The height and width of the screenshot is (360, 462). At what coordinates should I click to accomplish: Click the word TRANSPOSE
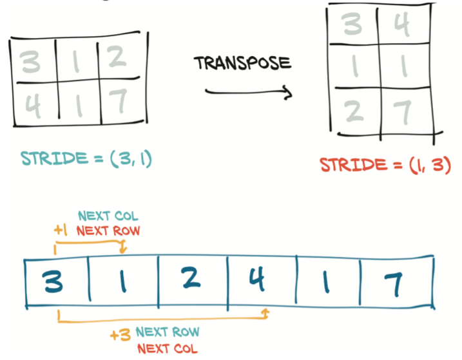(242, 63)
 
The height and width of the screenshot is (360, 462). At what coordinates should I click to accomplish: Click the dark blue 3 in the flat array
(55, 282)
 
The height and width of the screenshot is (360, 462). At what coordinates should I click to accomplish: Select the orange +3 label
(120, 334)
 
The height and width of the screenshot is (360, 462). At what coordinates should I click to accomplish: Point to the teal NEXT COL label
(108, 216)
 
